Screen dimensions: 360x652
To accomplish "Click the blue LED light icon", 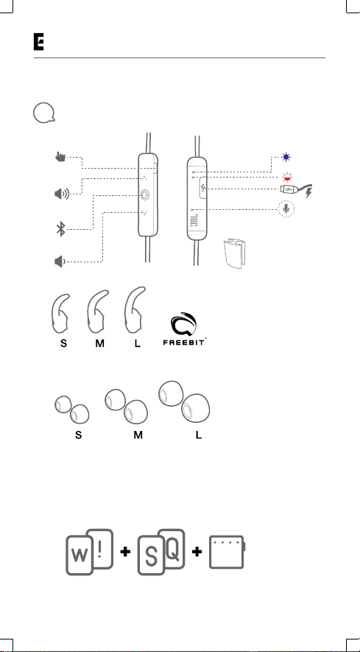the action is click(x=286, y=158).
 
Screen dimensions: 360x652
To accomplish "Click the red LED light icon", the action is click(x=286, y=177).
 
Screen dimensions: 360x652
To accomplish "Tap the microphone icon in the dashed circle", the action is click(x=286, y=208).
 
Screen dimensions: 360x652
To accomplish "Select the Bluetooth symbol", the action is click(x=61, y=229).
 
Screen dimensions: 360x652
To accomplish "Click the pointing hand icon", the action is click(x=60, y=157).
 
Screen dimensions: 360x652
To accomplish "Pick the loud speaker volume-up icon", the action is click(x=62, y=193).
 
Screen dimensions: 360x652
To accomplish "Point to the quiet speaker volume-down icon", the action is click(x=60, y=262).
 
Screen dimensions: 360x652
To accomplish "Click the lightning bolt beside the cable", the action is click(x=308, y=192).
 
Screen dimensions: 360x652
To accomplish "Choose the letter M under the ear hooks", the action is click(x=99, y=344).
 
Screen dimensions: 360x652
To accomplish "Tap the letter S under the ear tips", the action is click(x=78, y=435).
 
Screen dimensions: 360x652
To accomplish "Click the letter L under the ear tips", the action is click(x=199, y=435).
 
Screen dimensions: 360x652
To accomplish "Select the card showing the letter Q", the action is click(x=172, y=548).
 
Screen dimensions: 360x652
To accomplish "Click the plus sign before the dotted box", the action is click(x=197, y=552).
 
